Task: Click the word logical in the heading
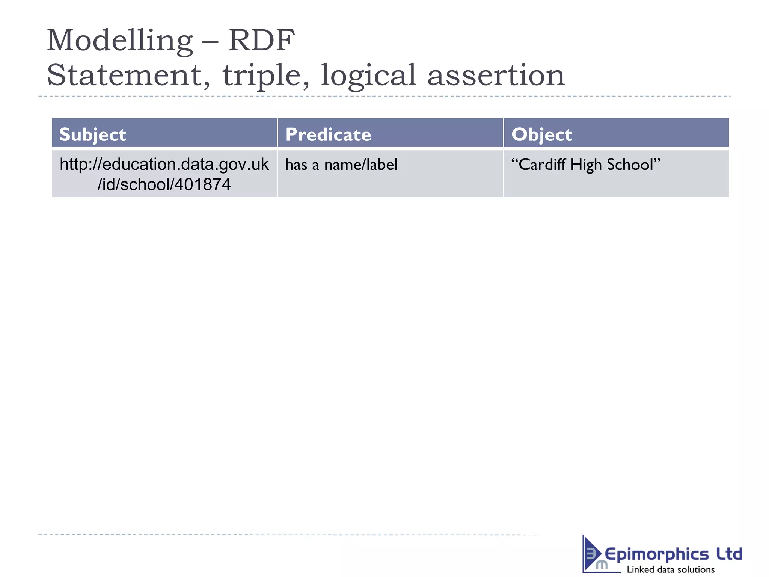[368, 75]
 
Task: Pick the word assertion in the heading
[496, 75]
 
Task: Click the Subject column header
[93, 134]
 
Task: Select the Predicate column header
[328, 134]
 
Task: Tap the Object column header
[541, 134]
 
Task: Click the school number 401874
[202, 184]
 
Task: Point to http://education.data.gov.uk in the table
[164, 165]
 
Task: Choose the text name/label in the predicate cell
[361, 165]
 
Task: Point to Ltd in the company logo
[729, 554]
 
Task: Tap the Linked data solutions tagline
[671, 569]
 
